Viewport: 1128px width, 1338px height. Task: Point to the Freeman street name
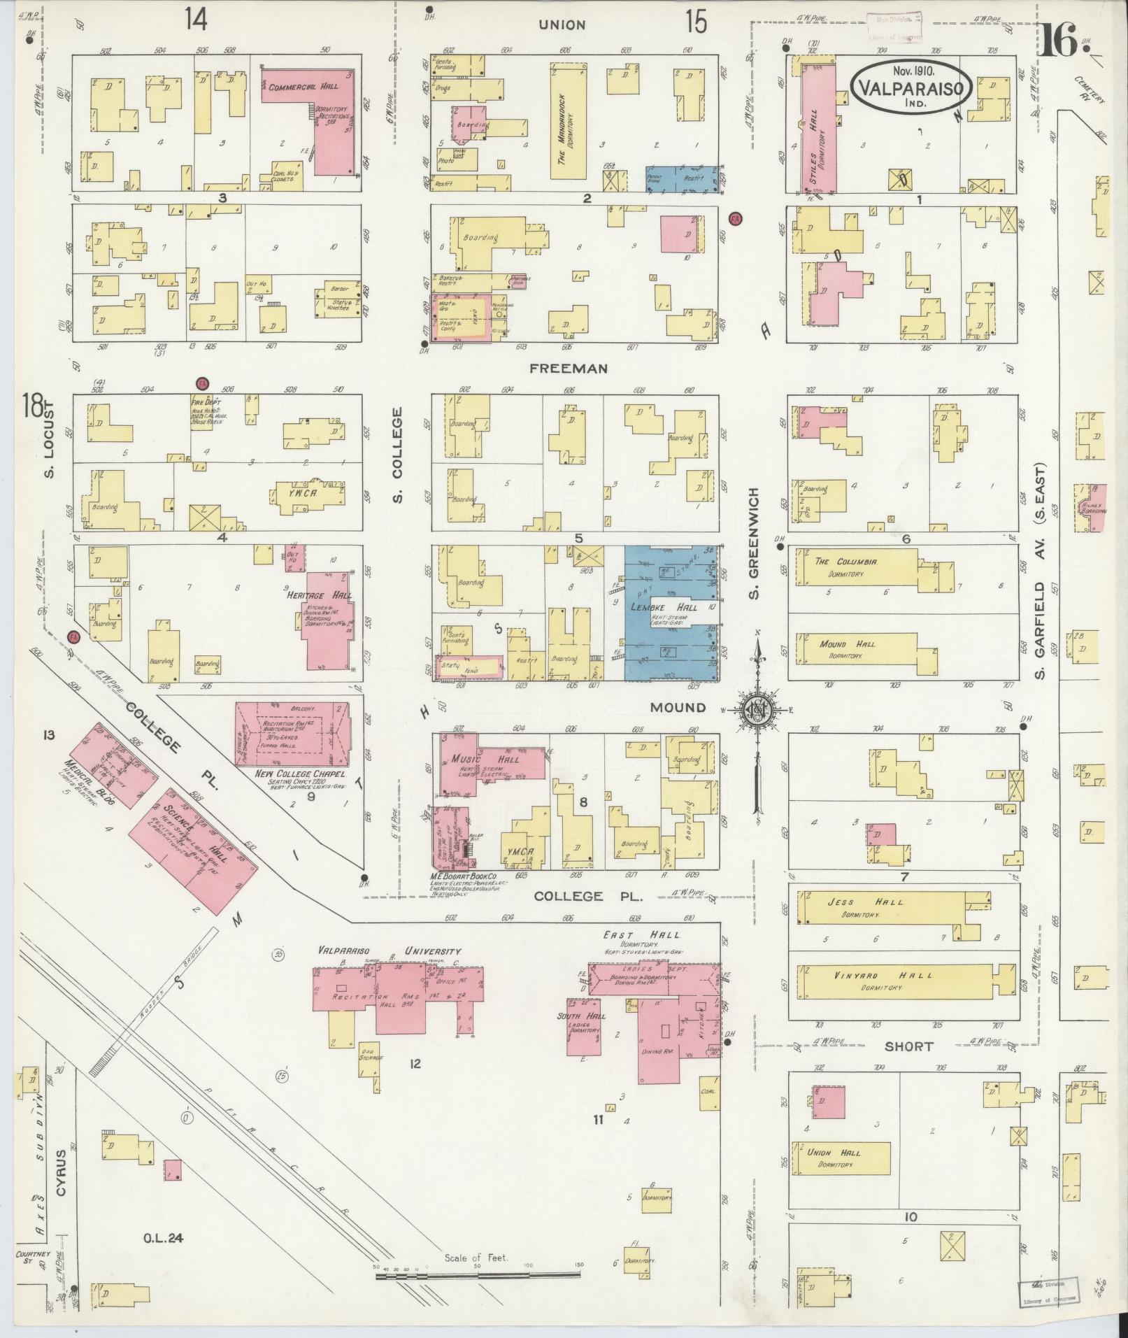578,368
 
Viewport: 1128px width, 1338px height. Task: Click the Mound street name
677,707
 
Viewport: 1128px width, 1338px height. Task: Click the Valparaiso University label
389,951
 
